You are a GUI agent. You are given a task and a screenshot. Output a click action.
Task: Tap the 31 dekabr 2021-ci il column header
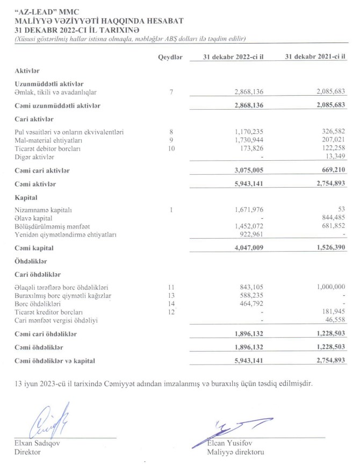[x=314, y=58]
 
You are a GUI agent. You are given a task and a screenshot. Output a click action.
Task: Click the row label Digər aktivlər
[x=34, y=157]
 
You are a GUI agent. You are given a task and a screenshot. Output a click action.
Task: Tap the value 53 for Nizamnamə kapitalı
[x=340, y=210]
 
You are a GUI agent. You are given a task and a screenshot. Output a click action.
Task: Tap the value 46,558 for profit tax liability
[x=333, y=320]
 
